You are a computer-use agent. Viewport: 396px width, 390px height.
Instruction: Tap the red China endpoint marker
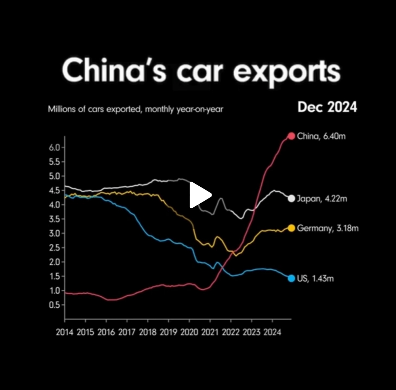(x=291, y=136)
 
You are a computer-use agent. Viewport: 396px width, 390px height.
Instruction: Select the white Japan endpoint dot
(x=291, y=199)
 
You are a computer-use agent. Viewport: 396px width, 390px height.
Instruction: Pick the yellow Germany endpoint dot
(x=291, y=228)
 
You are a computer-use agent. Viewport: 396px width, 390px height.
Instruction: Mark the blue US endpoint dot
(x=291, y=278)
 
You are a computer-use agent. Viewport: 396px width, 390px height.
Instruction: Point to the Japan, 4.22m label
(x=322, y=199)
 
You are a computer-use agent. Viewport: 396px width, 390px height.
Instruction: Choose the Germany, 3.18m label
(x=327, y=228)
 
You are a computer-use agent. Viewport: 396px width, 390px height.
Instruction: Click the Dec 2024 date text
(x=327, y=107)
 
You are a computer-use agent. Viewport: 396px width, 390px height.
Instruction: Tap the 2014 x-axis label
(x=65, y=333)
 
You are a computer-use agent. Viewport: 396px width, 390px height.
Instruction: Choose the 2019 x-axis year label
(x=168, y=333)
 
